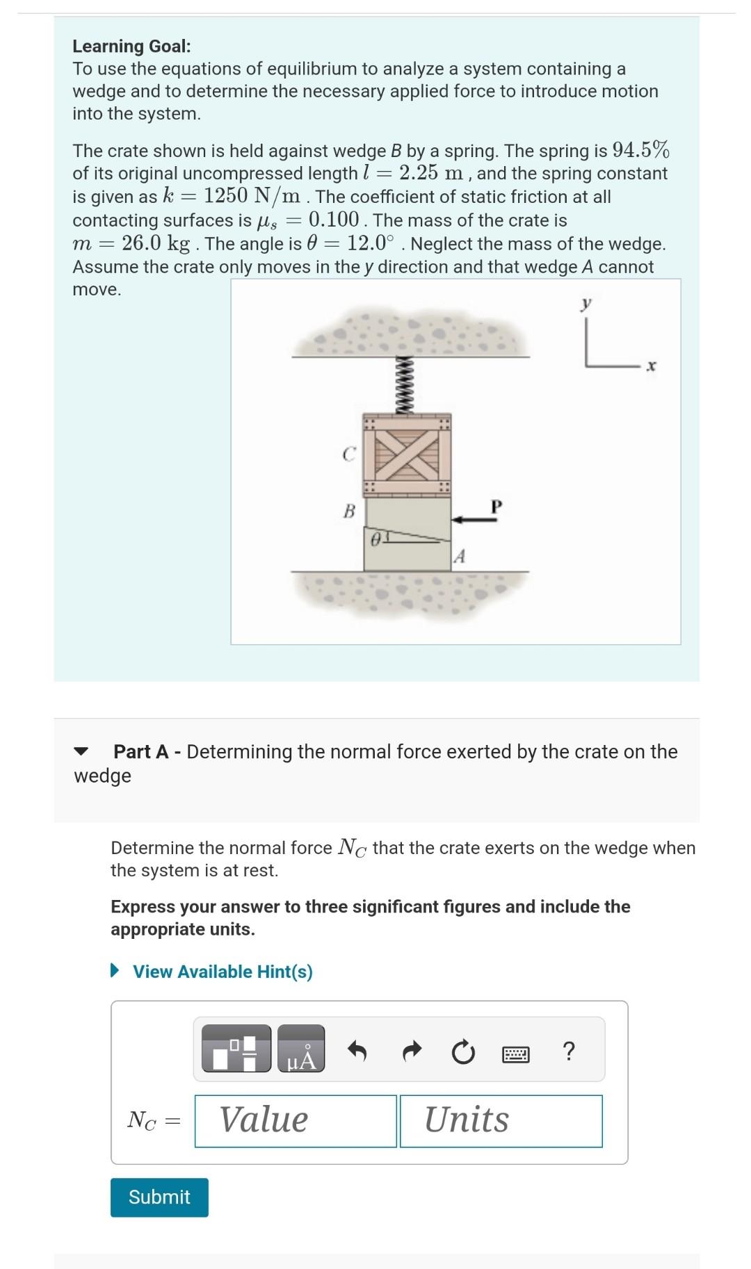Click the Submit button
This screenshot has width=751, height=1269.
(159, 1197)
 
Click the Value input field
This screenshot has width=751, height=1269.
(296, 1121)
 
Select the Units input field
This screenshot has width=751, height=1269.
(501, 1121)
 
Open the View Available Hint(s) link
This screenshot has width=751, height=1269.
(223, 972)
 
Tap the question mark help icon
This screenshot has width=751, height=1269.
(568, 1051)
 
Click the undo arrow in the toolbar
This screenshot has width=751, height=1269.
(357, 1052)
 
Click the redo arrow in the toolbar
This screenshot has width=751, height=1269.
(412, 1052)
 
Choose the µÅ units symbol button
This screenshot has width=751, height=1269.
(301, 1049)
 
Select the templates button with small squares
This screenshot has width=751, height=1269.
(236, 1049)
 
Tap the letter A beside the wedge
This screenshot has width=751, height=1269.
(459, 557)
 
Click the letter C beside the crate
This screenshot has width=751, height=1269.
(349, 455)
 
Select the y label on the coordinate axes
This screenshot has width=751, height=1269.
(587, 303)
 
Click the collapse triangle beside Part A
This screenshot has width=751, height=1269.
(82, 751)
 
